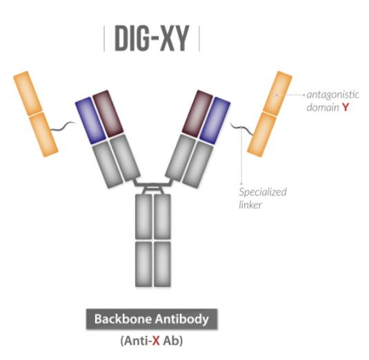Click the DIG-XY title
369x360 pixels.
tap(152, 38)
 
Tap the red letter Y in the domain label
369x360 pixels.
tap(346, 108)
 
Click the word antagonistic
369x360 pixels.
tap(332, 94)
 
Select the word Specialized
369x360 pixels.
tap(263, 192)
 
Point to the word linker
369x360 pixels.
tap(250, 205)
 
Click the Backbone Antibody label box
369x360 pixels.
tap(152, 319)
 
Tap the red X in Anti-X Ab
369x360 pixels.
tap(156, 341)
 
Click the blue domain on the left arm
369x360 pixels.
tap(90, 121)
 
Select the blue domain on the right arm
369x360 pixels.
tap(215, 121)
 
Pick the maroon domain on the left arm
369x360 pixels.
tap(108, 114)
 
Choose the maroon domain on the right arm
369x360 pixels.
tap(197, 114)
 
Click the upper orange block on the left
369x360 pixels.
tap(28, 93)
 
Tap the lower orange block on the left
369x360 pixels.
tap(43, 134)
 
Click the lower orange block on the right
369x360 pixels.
tap(261, 134)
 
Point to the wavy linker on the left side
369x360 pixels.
tap(63, 126)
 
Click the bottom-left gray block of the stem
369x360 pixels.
tap(143, 264)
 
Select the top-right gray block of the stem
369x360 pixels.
tap(162, 217)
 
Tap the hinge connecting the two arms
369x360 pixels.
tap(152, 186)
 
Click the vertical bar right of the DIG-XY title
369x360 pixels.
tap(199, 39)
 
